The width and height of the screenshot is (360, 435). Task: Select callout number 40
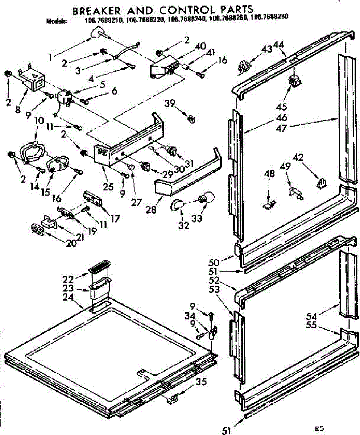point(200,46)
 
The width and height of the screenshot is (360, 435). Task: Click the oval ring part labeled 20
point(38,229)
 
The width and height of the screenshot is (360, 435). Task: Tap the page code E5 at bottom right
point(319,429)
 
